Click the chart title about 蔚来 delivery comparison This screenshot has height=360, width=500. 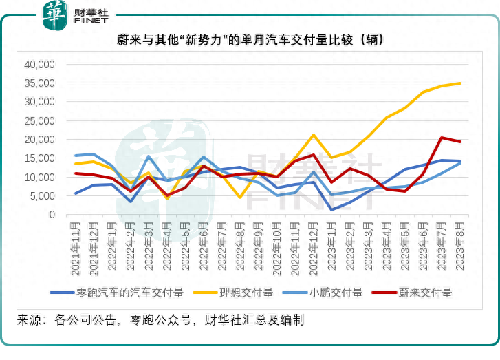[x=249, y=41]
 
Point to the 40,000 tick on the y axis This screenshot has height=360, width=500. [x=39, y=65]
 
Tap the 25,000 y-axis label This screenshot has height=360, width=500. [x=39, y=121]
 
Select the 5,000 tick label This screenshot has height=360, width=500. [x=42, y=196]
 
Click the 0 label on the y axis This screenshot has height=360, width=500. [x=51, y=215]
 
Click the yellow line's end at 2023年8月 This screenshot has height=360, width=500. [x=460, y=83]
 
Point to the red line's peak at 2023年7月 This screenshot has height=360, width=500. [x=442, y=138]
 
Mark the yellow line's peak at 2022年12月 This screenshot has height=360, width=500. [x=314, y=135]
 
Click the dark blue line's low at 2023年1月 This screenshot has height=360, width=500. [x=331, y=210]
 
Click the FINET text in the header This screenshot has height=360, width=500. [x=94, y=22]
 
